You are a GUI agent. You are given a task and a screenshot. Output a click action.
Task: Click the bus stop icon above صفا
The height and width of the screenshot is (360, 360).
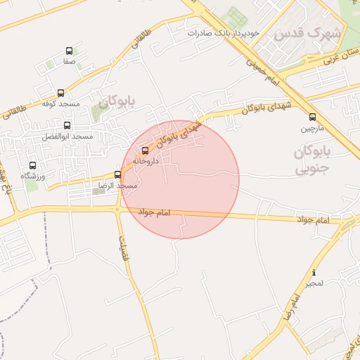point(69,51)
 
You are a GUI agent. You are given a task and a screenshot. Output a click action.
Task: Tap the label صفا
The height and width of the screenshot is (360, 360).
point(69,62)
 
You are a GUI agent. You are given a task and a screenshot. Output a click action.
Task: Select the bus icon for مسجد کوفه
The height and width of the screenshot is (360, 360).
point(60,93)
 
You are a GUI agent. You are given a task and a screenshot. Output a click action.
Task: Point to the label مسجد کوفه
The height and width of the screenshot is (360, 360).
point(61,104)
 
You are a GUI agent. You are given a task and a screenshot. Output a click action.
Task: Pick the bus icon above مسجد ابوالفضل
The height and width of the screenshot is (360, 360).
point(67,125)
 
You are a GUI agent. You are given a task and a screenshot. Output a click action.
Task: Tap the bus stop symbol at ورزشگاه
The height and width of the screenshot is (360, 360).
point(32,165)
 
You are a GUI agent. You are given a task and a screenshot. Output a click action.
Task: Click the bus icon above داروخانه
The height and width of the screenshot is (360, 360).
point(146,150)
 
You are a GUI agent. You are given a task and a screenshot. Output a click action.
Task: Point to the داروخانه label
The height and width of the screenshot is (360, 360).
point(146,161)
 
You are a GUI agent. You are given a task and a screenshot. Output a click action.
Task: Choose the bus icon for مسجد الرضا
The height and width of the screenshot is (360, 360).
point(117,175)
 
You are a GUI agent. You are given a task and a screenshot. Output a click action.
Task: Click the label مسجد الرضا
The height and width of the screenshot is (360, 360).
point(117,186)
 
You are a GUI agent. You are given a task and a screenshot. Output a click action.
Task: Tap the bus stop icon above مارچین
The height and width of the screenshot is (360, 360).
point(312,117)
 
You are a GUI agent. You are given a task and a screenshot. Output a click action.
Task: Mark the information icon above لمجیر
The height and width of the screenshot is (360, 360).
point(314,273)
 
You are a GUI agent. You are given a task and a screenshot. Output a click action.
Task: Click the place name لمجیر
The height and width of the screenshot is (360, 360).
point(314,283)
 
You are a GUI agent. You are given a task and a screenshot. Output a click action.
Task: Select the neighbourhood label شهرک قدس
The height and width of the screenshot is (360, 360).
point(307,33)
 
